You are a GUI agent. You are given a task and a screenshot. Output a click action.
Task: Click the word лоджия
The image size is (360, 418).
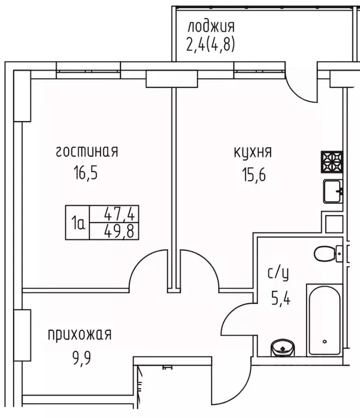tap(211, 26)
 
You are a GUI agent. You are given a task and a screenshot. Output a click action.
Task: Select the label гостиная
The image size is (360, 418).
tap(87, 152)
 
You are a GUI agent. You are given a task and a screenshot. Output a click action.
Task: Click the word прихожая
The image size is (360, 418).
tap(79, 334)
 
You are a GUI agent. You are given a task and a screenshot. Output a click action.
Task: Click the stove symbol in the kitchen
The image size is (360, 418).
tap(332, 161)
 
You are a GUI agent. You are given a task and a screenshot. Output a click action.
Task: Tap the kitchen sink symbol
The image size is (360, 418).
tap(332, 191)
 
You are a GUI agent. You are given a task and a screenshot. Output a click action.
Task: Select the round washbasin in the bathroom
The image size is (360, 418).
tap(282, 347)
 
